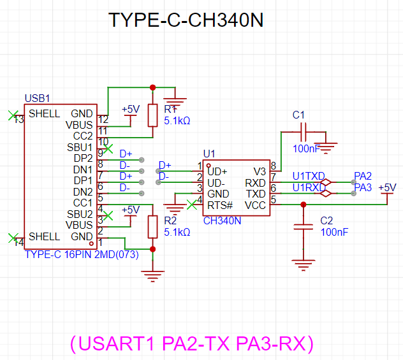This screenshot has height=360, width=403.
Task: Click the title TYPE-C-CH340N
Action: pos(186,20)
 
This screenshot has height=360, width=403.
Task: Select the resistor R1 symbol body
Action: pos(152,115)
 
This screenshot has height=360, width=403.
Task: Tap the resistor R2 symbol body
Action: pos(152,227)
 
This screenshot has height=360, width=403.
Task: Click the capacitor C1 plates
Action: pos(304,132)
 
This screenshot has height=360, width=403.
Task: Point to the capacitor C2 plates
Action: pos(304,227)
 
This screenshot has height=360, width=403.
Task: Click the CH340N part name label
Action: pos(222,221)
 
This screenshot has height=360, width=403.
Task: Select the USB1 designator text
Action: pos(37,98)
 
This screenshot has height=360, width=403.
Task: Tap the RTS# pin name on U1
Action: pos(220,205)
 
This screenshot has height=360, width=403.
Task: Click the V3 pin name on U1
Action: pos(260,171)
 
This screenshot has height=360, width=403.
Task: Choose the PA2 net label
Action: pos(363,176)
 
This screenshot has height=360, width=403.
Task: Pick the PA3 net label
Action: pos(363,188)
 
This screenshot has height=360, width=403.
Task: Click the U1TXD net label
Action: pos(309,176)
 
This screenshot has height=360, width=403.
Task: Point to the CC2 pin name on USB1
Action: pos(83,136)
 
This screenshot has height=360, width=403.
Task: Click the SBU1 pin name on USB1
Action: pos(80,147)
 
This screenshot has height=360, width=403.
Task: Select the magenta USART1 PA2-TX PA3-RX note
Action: pos(192,343)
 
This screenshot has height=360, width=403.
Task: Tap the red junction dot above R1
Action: pos(152,87)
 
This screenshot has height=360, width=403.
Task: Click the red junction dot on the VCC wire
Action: pos(304,205)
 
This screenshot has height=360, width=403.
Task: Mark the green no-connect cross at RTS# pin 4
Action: pos(192,205)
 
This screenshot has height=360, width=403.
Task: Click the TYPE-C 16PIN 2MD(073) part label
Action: pos(82,254)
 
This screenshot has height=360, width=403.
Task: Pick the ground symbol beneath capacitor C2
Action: pos(304,265)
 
